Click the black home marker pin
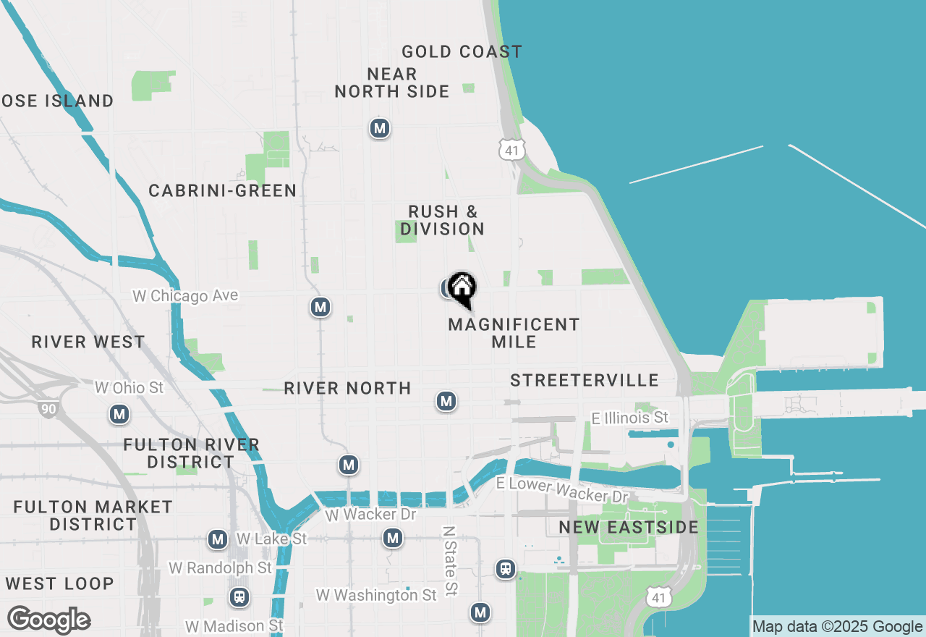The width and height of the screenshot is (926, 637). tap(462, 290)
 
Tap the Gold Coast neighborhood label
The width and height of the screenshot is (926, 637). tap(462, 51)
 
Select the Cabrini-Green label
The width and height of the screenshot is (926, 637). tap(222, 190)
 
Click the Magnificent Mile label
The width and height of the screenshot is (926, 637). tap(514, 333)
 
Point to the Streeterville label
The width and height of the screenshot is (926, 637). tap(585, 380)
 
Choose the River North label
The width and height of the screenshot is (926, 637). tap(347, 388)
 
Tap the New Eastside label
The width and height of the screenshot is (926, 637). tap(629, 527)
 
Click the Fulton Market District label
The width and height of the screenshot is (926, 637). tap(93, 515)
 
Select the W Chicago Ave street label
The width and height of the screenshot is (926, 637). tap(185, 296)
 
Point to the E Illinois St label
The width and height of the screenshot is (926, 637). tap(629, 418)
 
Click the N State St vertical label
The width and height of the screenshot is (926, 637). tap(450, 560)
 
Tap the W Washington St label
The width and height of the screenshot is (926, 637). tap(376, 595)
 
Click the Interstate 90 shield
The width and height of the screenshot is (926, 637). tap(48, 409)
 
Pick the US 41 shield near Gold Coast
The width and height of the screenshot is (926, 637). tap(511, 149)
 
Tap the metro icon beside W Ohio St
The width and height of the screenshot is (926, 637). tap(119, 415)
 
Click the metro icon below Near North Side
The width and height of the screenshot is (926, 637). tap(380, 129)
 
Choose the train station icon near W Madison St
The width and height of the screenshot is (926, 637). tap(239, 598)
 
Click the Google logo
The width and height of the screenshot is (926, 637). tap(48, 620)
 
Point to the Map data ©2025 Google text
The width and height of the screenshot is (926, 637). tap(837, 627)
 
